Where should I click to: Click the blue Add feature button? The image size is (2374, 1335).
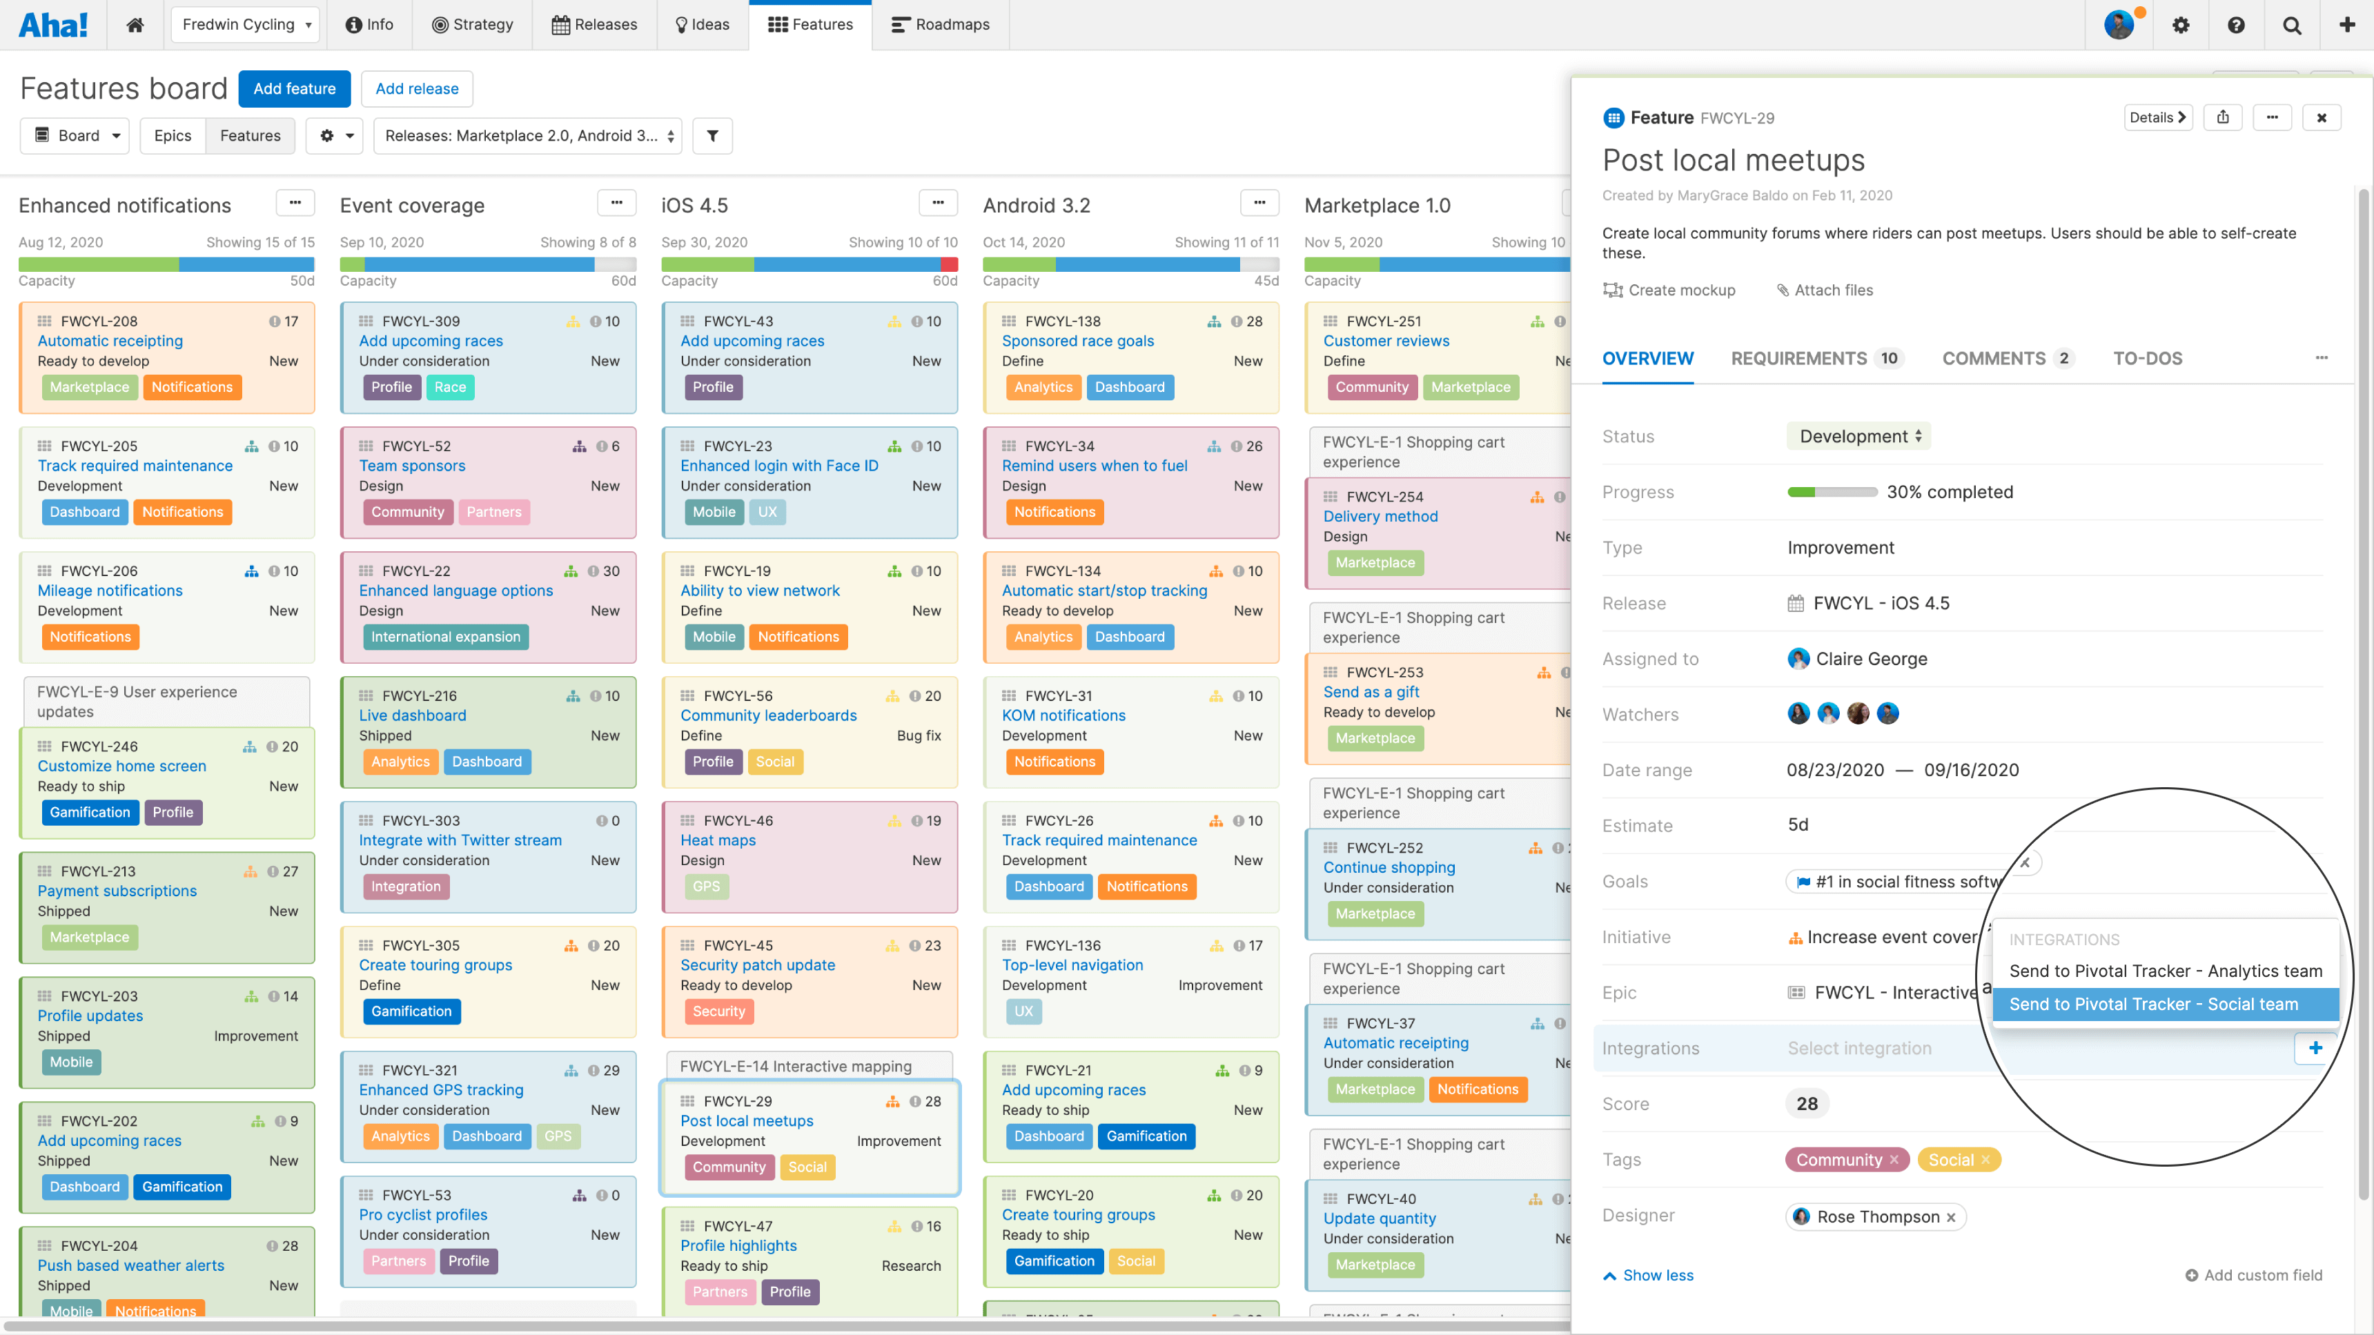click(294, 88)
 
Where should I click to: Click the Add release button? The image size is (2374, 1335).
click(417, 88)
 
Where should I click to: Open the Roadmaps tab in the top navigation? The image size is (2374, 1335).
click(940, 25)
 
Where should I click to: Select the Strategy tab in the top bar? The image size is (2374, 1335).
click(472, 25)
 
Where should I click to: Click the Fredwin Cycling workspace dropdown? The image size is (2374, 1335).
click(245, 25)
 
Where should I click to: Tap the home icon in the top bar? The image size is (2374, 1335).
click(135, 25)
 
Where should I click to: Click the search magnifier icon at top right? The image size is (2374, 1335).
click(2291, 25)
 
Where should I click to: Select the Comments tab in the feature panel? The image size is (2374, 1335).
click(1993, 358)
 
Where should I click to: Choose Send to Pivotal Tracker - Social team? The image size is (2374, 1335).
click(2153, 1005)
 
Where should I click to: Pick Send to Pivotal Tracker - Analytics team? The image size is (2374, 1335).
click(2165, 971)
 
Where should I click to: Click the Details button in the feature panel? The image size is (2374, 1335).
click(2157, 117)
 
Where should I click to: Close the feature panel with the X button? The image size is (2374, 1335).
click(2322, 117)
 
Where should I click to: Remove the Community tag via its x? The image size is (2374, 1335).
click(1894, 1160)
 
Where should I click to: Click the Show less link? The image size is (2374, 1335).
click(1657, 1275)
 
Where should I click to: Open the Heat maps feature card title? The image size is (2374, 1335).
click(718, 840)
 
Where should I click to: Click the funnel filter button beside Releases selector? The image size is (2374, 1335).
click(712, 135)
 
